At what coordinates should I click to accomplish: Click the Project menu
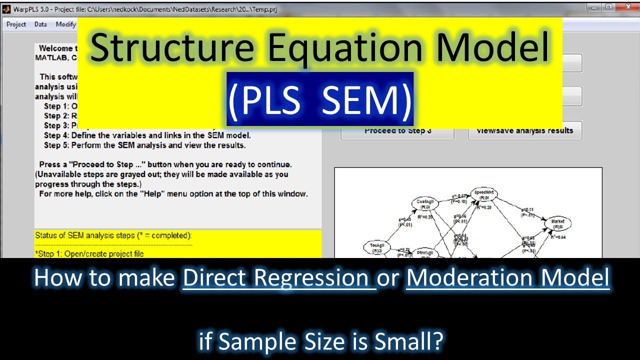tap(16, 24)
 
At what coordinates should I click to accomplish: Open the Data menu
tap(40, 24)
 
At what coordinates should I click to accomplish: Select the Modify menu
tap(65, 24)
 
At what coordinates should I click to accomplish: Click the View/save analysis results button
tap(524, 131)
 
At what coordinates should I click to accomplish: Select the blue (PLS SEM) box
tap(320, 99)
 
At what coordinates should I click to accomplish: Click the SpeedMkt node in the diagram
tap(483, 194)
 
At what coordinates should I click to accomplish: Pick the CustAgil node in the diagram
tap(425, 203)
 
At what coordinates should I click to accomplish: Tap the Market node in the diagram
tap(557, 223)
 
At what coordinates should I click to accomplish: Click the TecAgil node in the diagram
tap(376, 247)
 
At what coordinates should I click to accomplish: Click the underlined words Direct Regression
tap(279, 278)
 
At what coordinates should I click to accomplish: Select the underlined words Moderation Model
tap(507, 278)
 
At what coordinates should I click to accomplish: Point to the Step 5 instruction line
tap(145, 145)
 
